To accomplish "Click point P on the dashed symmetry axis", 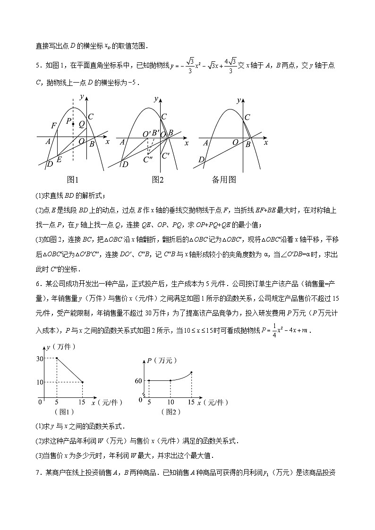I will coord(73,123).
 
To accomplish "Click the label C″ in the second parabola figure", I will coord(148,160).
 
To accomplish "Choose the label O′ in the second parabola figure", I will coord(146,134).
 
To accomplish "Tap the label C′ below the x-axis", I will coord(165,155).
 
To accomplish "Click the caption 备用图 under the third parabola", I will coord(223,180).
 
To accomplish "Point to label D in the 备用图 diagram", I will coord(201,160).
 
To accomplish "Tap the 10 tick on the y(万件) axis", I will coord(40,382).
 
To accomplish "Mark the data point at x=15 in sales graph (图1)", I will coord(83,382).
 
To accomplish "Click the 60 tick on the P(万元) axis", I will coord(138,380).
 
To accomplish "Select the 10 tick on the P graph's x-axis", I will coord(170,402).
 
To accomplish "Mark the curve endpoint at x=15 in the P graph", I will coord(191,372).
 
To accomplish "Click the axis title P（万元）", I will coord(161,361).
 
